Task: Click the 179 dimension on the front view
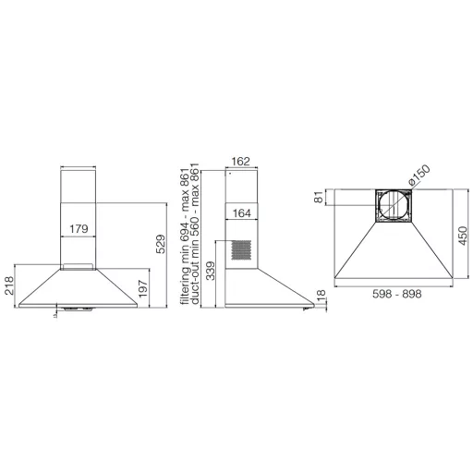point(79,229)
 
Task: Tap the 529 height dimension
point(161,244)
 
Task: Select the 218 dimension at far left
point(9,285)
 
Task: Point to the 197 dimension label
point(143,288)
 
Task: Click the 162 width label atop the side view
point(240,162)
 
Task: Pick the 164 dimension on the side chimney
point(242,213)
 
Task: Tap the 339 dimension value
point(211,271)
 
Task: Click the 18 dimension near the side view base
point(321,296)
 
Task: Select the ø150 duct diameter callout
point(418,175)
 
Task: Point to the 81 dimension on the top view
point(319,197)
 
